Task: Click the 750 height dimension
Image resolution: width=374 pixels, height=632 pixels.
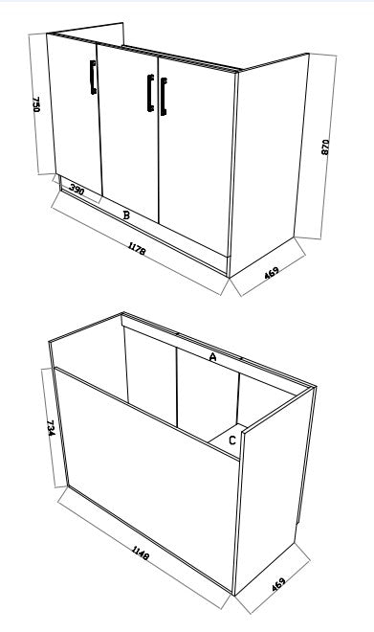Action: pos(36,104)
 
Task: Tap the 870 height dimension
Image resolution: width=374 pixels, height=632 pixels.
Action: pos(326,147)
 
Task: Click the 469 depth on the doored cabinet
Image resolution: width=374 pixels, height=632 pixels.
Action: pos(272,274)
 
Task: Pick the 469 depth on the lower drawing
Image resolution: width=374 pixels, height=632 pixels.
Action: pos(277,581)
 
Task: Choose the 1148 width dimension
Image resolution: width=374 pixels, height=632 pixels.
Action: pos(142,553)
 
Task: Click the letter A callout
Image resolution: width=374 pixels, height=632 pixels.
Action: pos(212,356)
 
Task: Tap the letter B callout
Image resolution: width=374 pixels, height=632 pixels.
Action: pos(126,215)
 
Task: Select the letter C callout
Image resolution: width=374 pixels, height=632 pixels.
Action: pos(232,440)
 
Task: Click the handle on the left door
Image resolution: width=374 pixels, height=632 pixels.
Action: pos(92,78)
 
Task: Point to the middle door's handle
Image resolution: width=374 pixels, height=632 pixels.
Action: pos(150,92)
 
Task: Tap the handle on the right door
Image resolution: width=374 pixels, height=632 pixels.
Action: pos(164,97)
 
